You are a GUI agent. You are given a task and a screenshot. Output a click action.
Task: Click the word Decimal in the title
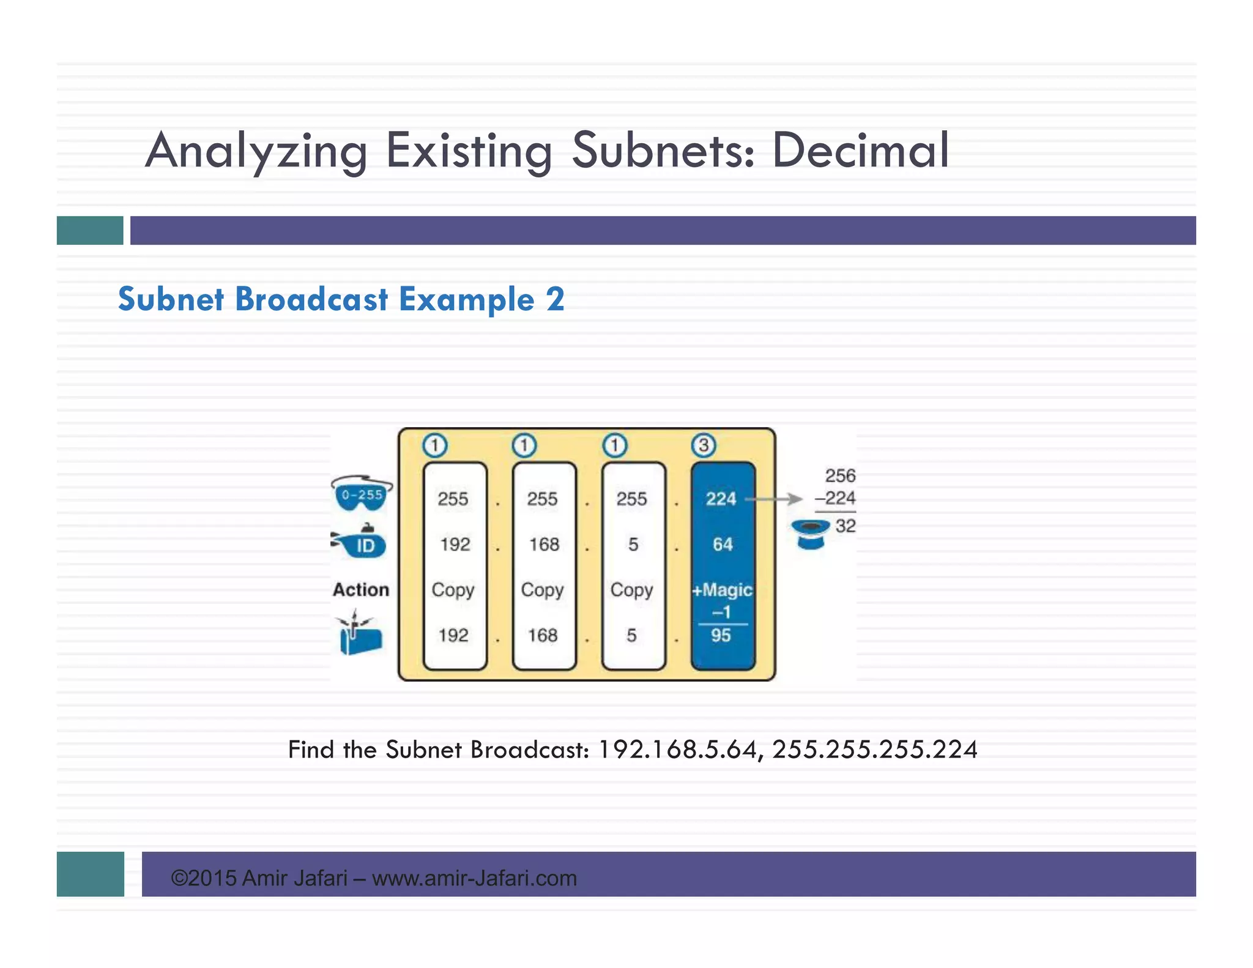point(860,151)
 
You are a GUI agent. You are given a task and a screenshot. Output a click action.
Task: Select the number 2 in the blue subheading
point(555,299)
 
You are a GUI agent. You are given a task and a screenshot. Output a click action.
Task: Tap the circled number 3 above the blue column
point(703,445)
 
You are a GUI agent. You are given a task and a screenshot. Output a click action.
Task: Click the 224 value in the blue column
point(721,499)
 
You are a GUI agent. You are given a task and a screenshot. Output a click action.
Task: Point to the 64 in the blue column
point(722,544)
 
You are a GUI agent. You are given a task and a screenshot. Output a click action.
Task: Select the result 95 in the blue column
point(721,635)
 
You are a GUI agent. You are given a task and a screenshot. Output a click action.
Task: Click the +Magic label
point(722,590)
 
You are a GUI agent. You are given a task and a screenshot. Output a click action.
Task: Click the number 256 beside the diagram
point(840,475)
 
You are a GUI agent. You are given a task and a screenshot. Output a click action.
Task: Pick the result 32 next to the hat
point(846,526)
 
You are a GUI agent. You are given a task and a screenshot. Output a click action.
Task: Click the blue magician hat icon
point(810,534)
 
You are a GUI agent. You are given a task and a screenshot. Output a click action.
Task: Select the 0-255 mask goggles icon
point(362,493)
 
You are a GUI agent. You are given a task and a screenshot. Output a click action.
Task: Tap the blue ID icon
point(361,542)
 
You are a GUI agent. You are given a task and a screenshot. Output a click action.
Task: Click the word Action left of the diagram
point(361,589)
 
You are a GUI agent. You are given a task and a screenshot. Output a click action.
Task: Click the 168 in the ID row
point(544,544)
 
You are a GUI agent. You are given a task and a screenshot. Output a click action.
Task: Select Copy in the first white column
point(453,590)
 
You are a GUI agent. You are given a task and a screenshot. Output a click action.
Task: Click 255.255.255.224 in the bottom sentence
point(874,750)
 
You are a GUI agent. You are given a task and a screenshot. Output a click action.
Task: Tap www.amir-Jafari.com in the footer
point(474,878)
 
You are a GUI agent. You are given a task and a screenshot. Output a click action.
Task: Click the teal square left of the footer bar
point(91,874)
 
